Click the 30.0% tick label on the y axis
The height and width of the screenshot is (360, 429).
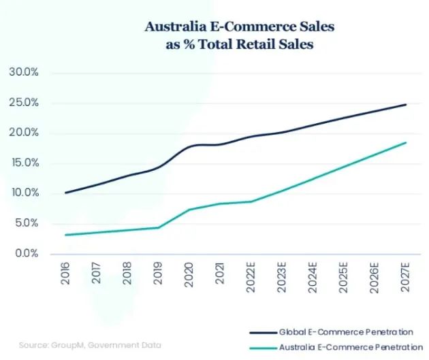pos(23,72)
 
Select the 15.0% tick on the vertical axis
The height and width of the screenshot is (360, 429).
pos(23,163)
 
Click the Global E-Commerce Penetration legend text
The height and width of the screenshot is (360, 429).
pos(345,332)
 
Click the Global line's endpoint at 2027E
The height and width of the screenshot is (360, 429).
pos(407,104)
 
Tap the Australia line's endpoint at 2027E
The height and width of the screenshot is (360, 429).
pos(407,142)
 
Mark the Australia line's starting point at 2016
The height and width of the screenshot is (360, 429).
pos(65,235)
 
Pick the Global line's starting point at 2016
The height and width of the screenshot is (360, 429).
pos(65,193)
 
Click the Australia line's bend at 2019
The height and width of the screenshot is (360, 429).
pos(158,227)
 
